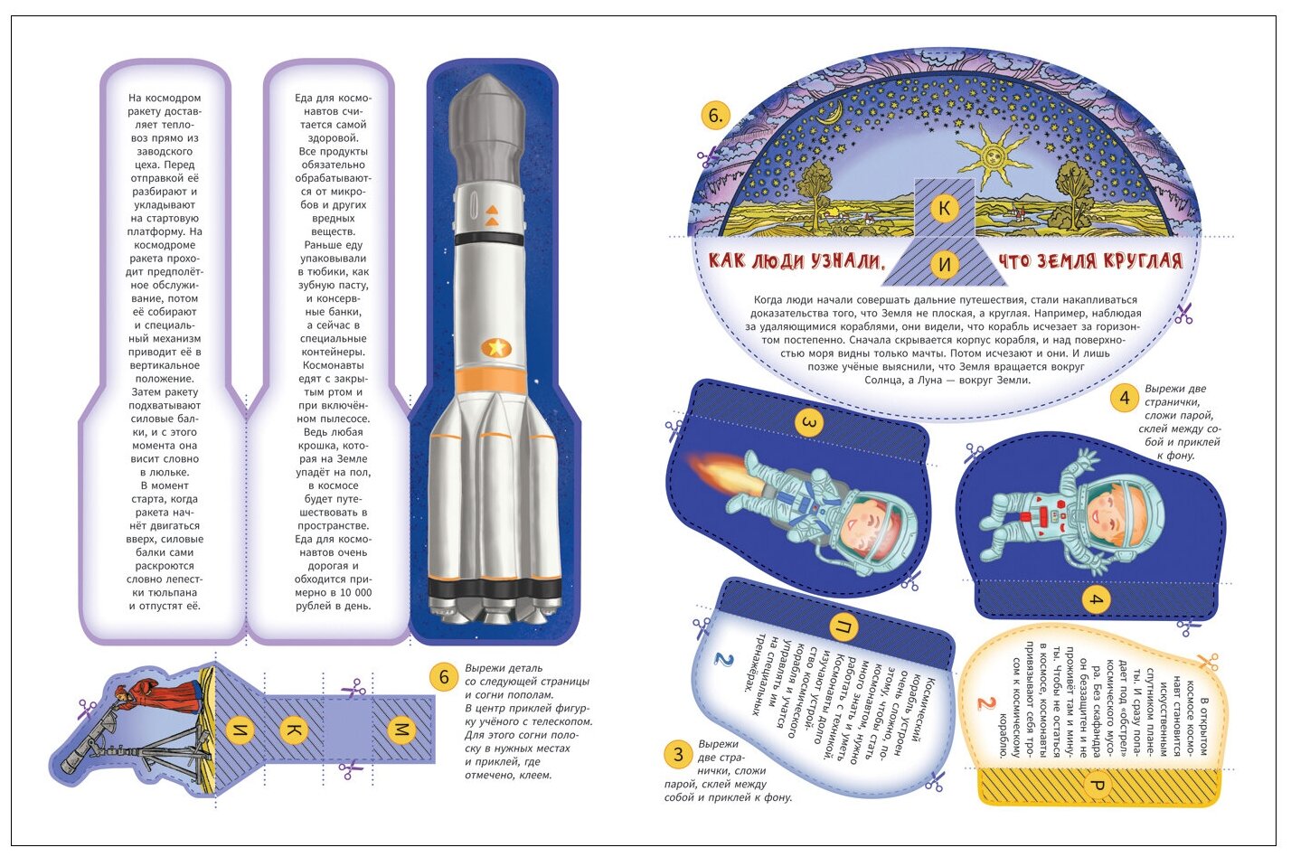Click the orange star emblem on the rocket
tap(495, 347)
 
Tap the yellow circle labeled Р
tap(1097, 786)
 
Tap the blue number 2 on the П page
tap(723, 659)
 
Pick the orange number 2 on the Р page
tap(985, 702)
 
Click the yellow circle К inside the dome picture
tap(944, 208)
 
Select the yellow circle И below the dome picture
tap(944, 264)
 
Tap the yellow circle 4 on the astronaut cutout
tap(1097, 599)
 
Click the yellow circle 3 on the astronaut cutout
tap(809, 422)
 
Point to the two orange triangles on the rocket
tap(492, 215)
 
